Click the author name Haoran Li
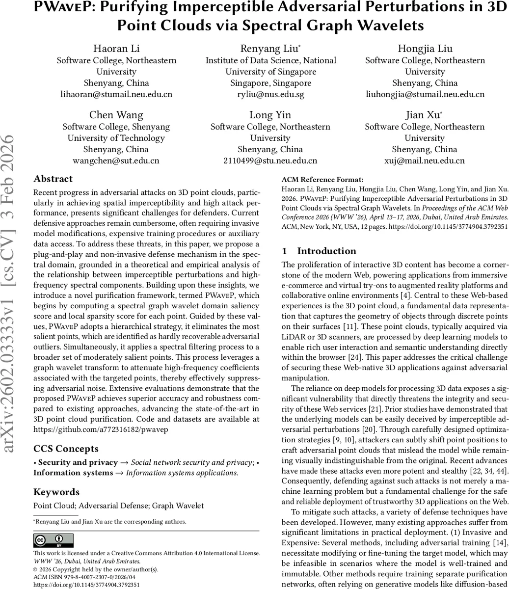[116, 49]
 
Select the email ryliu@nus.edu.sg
[270, 94]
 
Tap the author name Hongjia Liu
[425, 49]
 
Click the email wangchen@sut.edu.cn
[116, 161]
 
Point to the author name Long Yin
[270, 115]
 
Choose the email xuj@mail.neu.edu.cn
[425, 161]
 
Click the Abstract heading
[53, 179]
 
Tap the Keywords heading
[56, 492]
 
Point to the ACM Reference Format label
[322, 180]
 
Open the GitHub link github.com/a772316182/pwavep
[101, 429]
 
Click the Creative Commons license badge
[54, 540]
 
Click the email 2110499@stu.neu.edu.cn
[270, 161]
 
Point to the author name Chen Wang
[116, 115]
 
